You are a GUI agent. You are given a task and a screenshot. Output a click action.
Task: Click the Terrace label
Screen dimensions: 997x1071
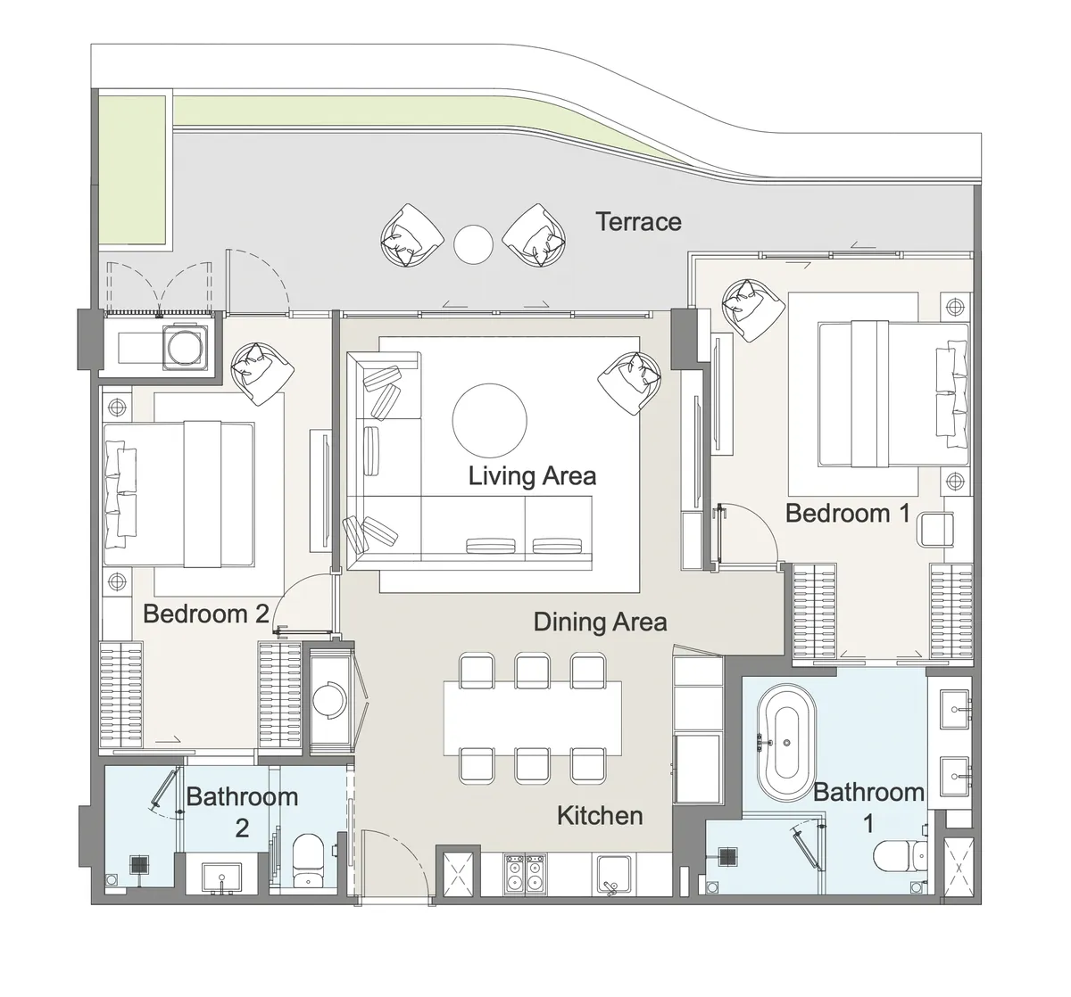tap(638, 221)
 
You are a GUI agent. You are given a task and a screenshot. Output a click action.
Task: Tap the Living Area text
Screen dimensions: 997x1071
tap(532, 475)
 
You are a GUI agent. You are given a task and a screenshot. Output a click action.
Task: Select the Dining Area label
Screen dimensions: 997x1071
tap(600, 622)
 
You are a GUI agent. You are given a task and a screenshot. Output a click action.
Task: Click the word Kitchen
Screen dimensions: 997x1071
tap(600, 815)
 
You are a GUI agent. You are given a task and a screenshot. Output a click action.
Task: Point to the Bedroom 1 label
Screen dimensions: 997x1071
tap(848, 513)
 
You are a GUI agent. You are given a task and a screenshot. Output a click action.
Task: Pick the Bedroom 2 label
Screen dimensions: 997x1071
tap(206, 614)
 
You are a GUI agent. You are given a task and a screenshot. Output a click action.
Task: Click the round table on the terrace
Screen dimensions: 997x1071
tap(473, 243)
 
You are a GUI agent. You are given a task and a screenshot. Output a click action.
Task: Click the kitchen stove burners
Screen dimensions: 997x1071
tap(525, 872)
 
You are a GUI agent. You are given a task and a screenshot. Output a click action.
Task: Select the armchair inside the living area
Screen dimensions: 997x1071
tap(630, 381)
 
